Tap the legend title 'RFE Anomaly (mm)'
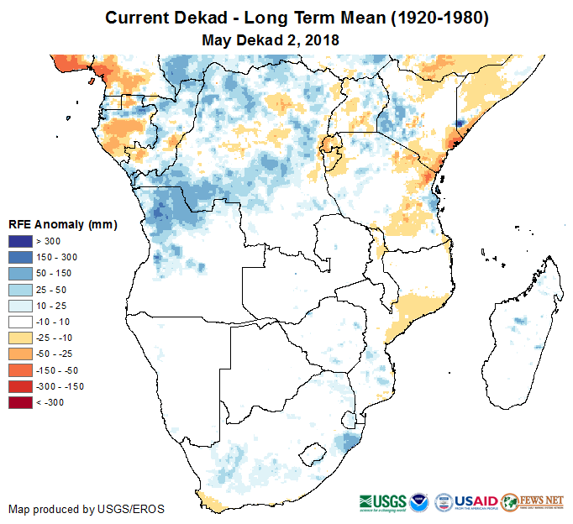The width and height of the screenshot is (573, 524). [x=62, y=225]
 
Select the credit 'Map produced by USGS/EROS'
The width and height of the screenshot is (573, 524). [x=87, y=509]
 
